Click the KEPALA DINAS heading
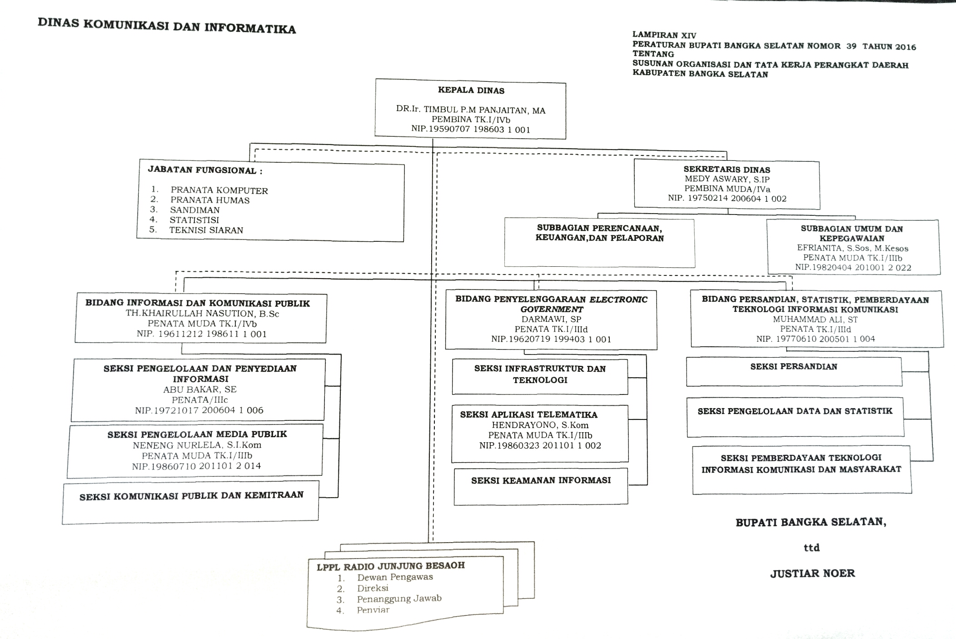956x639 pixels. (x=471, y=90)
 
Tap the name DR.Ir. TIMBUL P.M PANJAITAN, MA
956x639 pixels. (x=471, y=110)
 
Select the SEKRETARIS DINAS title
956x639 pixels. (x=727, y=170)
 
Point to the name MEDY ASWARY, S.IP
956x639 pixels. (x=727, y=179)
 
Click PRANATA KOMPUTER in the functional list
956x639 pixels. (x=219, y=190)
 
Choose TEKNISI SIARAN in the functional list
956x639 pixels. (x=206, y=230)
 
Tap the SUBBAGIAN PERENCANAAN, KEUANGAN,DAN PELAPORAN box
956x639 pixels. (x=599, y=243)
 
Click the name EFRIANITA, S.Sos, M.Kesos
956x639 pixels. (x=852, y=248)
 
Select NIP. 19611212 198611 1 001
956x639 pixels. (x=202, y=334)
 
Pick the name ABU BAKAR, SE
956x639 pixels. (x=200, y=389)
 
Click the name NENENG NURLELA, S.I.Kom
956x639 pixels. (x=197, y=445)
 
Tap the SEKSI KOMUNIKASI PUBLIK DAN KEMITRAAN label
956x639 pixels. (x=191, y=496)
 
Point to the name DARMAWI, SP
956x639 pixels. (x=551, y=319)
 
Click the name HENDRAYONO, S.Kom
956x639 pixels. (x=540, y=425)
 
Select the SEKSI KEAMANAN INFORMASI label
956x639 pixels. (x=541, y=480)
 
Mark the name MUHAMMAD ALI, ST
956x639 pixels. (x=815, y=319)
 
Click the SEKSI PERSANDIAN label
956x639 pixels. (x=793, y=367)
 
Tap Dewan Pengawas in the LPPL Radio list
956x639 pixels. (x=395, y=577)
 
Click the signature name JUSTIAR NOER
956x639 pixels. (x=812, y=574)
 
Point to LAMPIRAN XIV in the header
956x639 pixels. (x=664, y=35)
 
